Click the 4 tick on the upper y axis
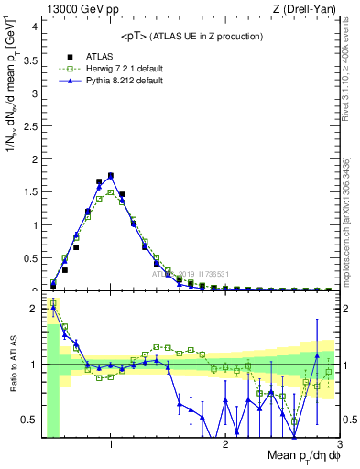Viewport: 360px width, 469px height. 31,27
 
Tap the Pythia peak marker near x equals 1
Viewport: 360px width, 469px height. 111,175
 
